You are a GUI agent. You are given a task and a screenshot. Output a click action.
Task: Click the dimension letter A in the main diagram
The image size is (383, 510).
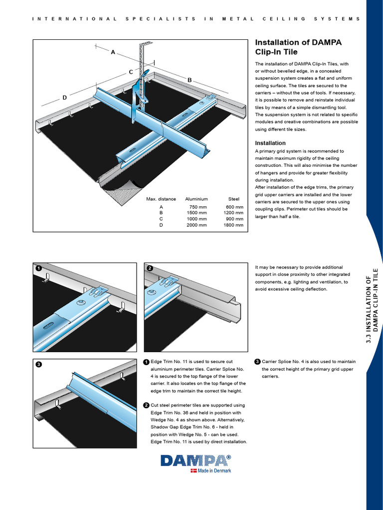pyautogui.click(x=113, y=52)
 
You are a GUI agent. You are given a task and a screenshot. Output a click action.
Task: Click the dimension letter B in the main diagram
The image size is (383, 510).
pyautogui.click(x=190, y=80)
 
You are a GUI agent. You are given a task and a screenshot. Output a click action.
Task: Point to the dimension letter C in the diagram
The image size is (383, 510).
pyautogui.click(x=131, y=72)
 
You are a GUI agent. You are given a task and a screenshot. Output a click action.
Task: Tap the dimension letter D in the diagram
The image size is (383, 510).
pyautogui.click(x=64, y=98)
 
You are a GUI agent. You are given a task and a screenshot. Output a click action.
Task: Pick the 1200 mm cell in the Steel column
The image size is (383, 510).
pyautogui.click(x=233, y=213)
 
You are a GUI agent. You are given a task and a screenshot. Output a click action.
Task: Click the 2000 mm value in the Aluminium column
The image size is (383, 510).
pyautogui.click(x=196, y=225)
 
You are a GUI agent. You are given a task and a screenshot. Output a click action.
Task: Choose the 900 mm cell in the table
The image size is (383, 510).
pyautogui.click(x=235, y=219)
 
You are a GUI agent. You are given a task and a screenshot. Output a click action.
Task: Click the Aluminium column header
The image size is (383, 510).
pyautogui.click(x=196, y=199)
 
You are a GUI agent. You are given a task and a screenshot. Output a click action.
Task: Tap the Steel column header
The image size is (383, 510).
pyautogui.click(x=234, y=199)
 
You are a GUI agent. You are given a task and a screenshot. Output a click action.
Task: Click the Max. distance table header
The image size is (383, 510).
pyautogui.click(x=161, y=199)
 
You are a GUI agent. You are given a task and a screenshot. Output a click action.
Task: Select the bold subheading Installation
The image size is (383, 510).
pyautogui.click(x=270, y=143)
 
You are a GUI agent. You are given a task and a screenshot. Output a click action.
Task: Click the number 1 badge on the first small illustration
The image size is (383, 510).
pyautogui.click(x=39, y=268)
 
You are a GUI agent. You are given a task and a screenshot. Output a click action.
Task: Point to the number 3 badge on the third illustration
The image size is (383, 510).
pyautogui.click(x=39, y=365)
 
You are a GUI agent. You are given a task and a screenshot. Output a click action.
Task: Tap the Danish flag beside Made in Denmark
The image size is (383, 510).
pyautogui.click(x=193, y=471)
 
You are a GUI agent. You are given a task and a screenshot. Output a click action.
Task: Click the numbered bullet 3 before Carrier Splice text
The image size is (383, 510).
pyautogui.click(x=257, y=362)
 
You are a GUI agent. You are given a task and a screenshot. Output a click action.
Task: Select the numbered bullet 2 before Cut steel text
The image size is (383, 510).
pyautogui.click(x=146, y=405)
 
